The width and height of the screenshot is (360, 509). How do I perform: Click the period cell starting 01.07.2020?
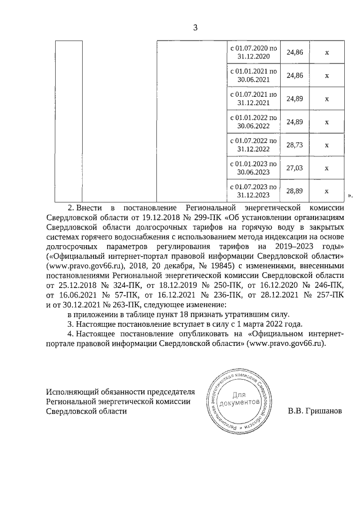click(254, 52)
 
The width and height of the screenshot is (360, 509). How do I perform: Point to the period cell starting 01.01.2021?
click(254, 75)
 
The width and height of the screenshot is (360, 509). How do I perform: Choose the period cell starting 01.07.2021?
click(254, 98)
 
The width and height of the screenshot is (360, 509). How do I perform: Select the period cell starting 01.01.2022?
click(254, 121)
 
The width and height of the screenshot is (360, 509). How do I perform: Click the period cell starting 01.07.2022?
click(254, 145)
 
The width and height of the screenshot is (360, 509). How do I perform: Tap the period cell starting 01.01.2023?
click(254, 168)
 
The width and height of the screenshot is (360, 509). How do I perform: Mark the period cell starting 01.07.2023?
click(254, 191)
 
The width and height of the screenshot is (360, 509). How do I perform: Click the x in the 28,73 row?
click(326, 145)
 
